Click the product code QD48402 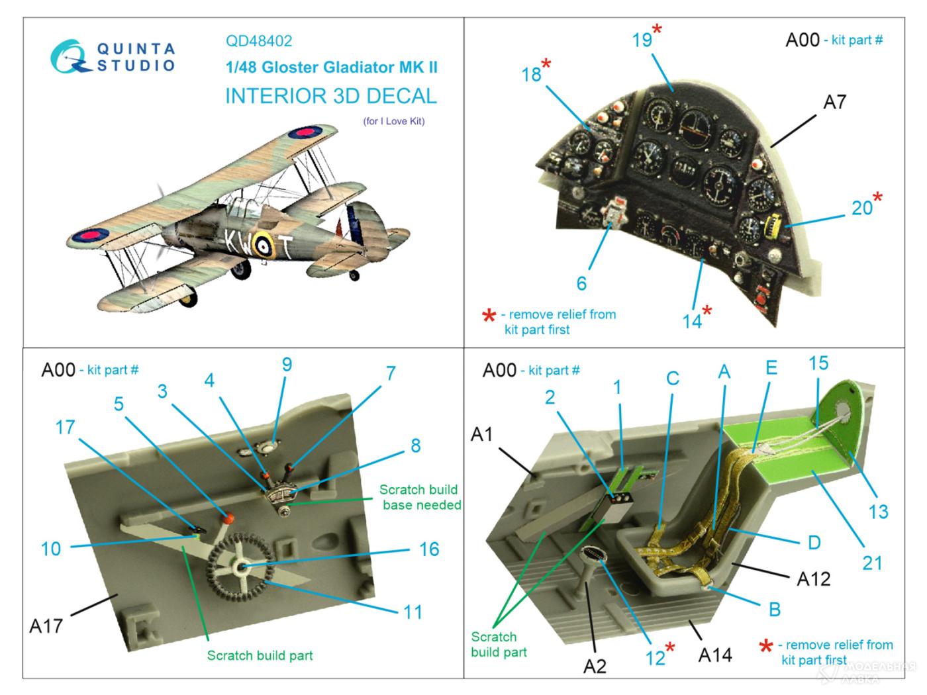258,40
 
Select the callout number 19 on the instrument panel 642,40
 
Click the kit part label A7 834,102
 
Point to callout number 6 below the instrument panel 581,283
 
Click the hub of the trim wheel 240,567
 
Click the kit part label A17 46,625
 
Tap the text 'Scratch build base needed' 420,497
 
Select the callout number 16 429,549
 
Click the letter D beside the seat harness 814,543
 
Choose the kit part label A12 813,579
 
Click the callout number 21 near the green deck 872,563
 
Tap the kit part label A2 595,666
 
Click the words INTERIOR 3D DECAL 331,96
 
